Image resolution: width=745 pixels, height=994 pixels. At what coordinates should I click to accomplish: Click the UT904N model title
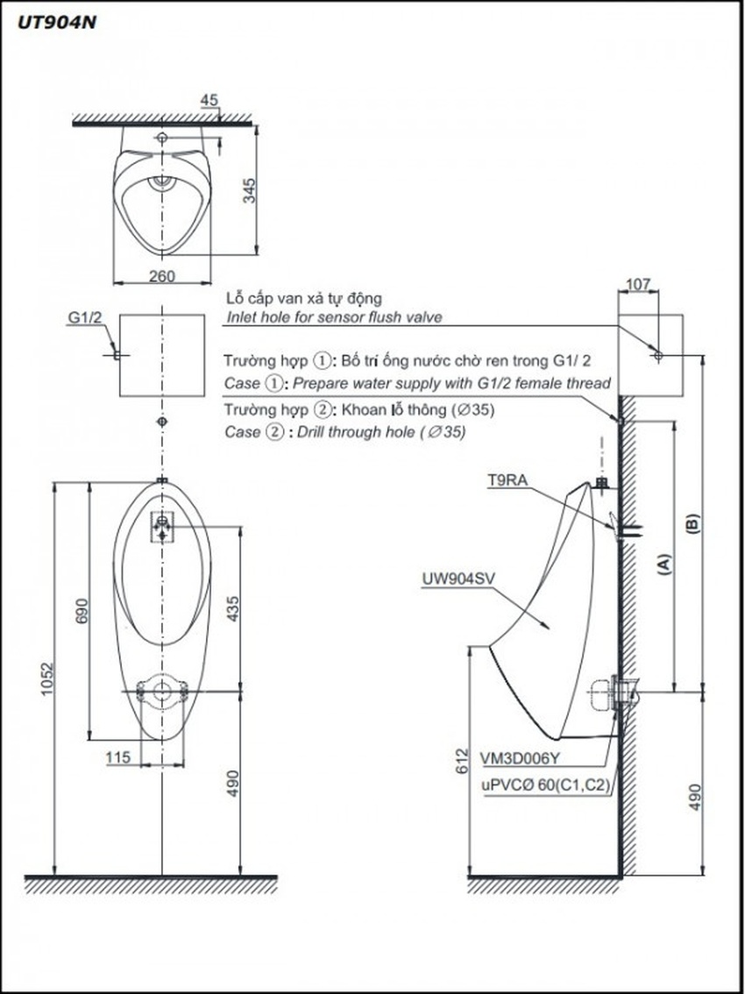coord(52,24)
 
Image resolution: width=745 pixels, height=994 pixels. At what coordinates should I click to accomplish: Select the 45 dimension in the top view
coord(209,100)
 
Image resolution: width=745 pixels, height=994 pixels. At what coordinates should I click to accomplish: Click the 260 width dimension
coord(162,276)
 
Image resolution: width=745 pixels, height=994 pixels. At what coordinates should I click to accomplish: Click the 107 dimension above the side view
coord(640,284)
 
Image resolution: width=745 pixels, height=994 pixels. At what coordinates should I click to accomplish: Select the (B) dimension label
coord(692,524)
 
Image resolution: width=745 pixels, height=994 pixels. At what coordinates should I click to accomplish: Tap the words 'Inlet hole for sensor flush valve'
coord(334,317)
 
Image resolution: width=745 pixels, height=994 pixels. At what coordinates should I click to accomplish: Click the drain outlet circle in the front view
coord(161,691)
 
